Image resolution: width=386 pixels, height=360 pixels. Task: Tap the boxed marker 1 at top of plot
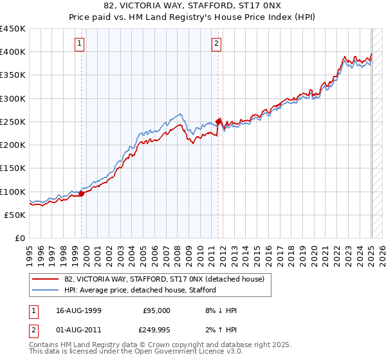[x=79, y=44]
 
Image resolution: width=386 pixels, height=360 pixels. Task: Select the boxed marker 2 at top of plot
[x=216, y=44]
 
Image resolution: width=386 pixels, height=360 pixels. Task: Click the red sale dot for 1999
[x=82, y=194]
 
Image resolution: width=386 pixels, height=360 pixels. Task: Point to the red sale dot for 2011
[x=219, y=121]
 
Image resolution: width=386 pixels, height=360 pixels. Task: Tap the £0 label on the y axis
[x=19, y=239]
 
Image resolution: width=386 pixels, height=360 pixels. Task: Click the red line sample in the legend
[x=45, y=279]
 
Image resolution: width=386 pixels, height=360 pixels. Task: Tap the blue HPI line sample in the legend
[x=45, y=290]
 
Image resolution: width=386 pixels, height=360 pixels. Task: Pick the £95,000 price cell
[x=156, y=310]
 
